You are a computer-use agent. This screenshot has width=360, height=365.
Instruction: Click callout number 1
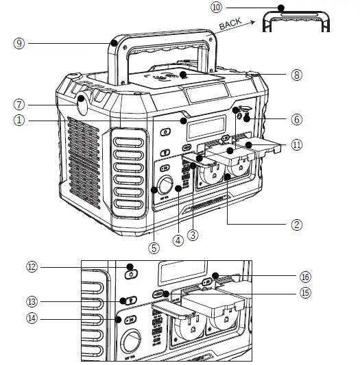pos(19,120)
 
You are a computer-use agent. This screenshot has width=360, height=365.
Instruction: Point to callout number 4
pos(178,241)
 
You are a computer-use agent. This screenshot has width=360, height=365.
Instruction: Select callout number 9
pos(19,42)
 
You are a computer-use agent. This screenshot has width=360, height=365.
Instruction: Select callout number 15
pos(305,292)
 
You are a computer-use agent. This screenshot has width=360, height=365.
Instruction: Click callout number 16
pos(305,276)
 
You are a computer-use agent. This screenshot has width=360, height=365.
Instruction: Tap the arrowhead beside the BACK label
pos(260,21)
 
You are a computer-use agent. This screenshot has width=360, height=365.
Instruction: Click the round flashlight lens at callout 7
pos(83,106)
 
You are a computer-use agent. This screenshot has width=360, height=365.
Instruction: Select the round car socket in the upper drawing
pos(166,186)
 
